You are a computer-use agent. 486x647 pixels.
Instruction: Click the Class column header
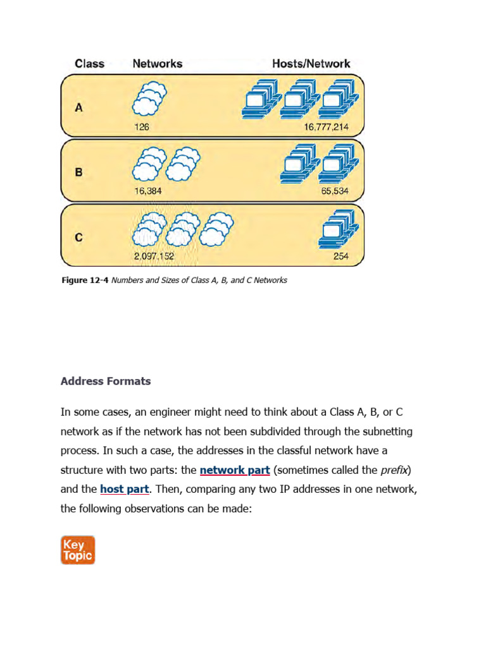(x=89, y=63)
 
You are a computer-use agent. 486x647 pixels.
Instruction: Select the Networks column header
(x=157, y=63)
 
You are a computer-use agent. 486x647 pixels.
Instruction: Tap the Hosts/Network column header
(x=311, y=63)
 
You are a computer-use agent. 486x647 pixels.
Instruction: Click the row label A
(x=79, y=107)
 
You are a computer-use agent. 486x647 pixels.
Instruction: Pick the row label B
(x=79, y=172)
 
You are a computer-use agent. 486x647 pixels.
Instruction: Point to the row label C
(x=79, y=238)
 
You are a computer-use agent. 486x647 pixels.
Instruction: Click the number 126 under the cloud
(x=141, y=126)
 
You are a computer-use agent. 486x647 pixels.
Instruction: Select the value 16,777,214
(x=326, y=126)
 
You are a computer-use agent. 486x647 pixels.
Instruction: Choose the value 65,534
(x=335, y=191)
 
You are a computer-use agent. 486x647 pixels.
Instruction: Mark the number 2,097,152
(x=154, y=257)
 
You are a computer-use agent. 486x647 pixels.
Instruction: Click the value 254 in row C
(x=340, y=257)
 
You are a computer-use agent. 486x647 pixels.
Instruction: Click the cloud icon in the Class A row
(x=149, y=99)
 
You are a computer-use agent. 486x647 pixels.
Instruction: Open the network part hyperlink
(x=235, y=470)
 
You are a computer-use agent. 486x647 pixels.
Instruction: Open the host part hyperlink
(x=124, y=489)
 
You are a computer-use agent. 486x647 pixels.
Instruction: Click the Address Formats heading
(x=106, y=381)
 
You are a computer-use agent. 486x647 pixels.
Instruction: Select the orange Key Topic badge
(x=78, y=550)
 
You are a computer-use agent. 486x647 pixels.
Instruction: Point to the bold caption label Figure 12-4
(x=84, y=280)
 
